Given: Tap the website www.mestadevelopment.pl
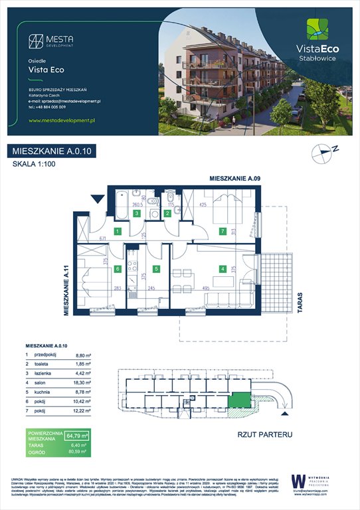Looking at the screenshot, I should (63, 121).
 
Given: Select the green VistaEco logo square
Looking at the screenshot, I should (316, 30).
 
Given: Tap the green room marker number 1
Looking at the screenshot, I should (117, 231).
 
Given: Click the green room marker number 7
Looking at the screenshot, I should (223, 231).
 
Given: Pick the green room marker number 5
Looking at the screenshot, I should (156, 269).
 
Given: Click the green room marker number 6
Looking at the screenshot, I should (117, 269).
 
